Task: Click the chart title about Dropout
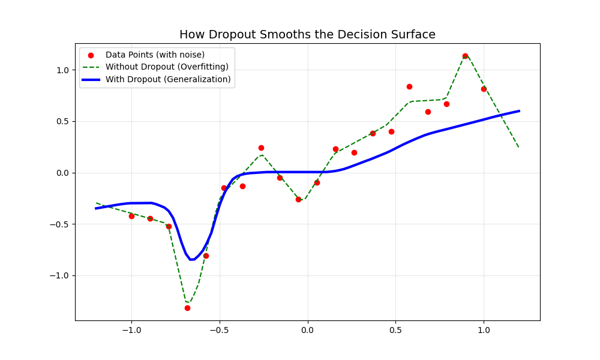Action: tap(307, 35)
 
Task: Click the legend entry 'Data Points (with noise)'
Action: tap(155, 55)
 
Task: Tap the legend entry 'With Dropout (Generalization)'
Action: tap(168, 79)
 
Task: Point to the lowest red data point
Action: tap(187, 308)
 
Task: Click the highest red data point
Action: tap(465, 56)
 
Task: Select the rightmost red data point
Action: tap(484, 89)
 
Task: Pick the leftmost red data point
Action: tap(131, 216)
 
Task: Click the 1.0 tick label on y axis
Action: tap(63, 70)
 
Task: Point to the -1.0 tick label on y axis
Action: tap(61, 276)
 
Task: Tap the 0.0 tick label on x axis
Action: tap(307, 330)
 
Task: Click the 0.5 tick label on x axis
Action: tap(395, 330)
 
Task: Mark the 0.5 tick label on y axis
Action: tap(63, 122)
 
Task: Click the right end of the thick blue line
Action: tap(519, 111)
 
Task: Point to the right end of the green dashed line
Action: tap(519, 148)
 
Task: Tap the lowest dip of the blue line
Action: tap(191, 259)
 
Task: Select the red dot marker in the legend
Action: tap(91, 55)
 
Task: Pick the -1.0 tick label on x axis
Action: tap(131, 330)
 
